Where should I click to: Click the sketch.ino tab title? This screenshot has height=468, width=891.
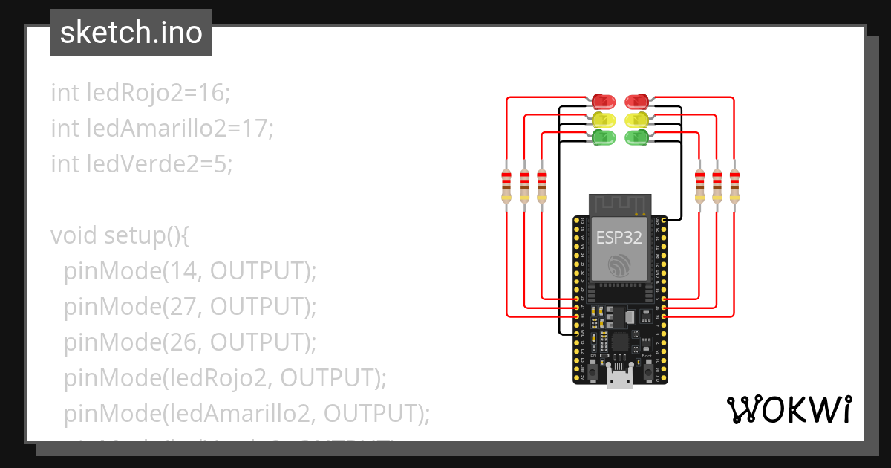131,33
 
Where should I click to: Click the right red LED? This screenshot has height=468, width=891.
636,101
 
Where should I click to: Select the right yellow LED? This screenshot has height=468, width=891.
636,119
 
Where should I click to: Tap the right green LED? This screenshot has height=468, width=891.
636,137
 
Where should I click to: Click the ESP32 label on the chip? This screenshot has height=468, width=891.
619,238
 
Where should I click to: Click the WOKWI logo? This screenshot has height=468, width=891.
789,409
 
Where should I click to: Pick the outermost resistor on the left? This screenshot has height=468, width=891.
506,184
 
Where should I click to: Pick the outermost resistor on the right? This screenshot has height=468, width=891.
734,184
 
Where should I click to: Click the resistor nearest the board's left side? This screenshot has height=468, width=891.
542,184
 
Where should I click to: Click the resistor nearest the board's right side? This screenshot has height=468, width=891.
699,184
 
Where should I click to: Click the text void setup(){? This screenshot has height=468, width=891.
121,235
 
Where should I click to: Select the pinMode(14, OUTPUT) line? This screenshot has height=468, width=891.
190,271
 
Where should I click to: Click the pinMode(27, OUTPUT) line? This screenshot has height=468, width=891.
190,307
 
